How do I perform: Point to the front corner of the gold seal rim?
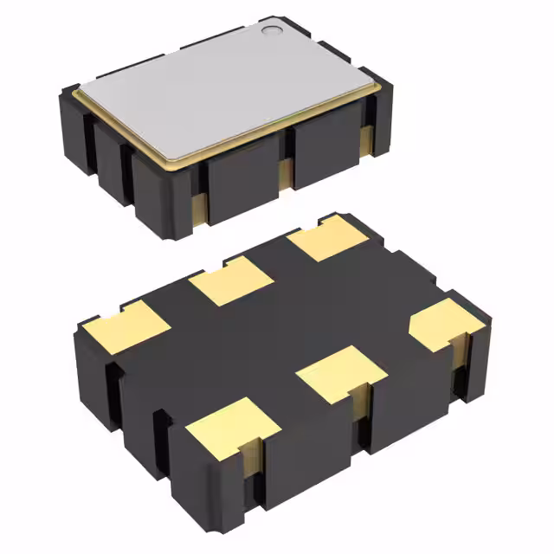click(184, 164)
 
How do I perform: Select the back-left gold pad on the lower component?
click(128, 330)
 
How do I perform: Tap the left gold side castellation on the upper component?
click(197, 207)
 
